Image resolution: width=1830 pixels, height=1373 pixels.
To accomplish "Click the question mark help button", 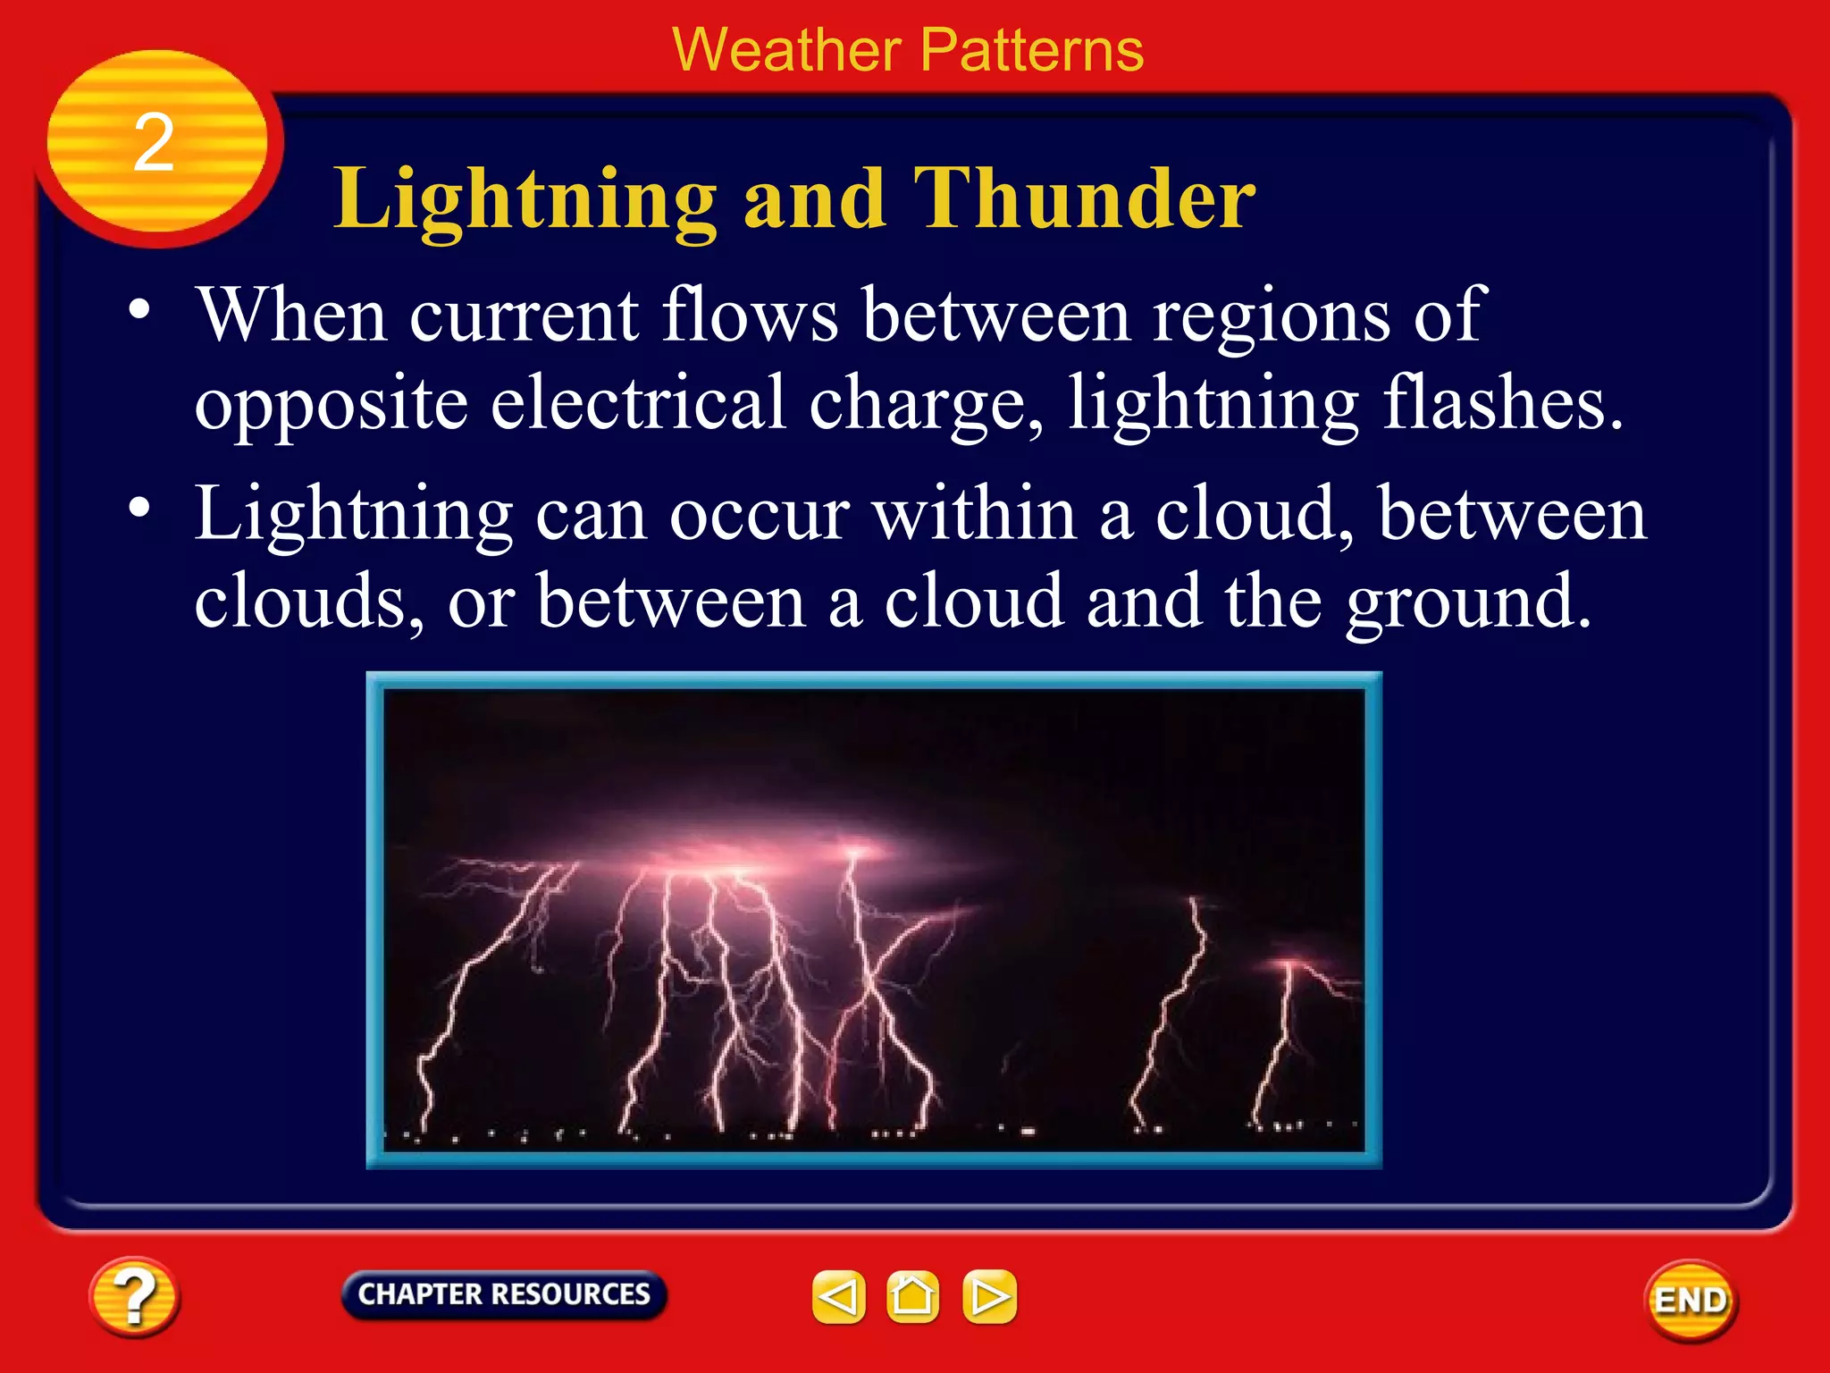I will point(134,1296).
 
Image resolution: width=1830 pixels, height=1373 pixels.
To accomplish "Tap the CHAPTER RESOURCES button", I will point(504,1294).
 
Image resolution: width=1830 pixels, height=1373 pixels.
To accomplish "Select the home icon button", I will point(912,1296).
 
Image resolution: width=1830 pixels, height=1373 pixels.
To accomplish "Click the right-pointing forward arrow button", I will point(989,1296).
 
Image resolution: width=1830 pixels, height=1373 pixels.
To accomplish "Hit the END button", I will point(1690,1301).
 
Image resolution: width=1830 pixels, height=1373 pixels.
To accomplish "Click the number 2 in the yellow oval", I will point(154,143).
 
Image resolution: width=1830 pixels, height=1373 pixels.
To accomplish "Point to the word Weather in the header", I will point(785,50).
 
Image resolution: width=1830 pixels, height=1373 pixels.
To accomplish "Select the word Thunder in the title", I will point(1084,198).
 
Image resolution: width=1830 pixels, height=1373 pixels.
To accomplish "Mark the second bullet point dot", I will point(139,508).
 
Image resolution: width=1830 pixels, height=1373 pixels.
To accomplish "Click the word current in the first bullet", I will point(524,316).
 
